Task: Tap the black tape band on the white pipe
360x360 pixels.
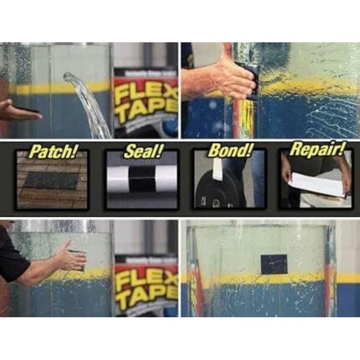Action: click(x=141, y=179)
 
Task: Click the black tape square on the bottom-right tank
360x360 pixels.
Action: click(x=274, y=264)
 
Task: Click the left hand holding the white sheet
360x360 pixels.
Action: click(x=286, y=171)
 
